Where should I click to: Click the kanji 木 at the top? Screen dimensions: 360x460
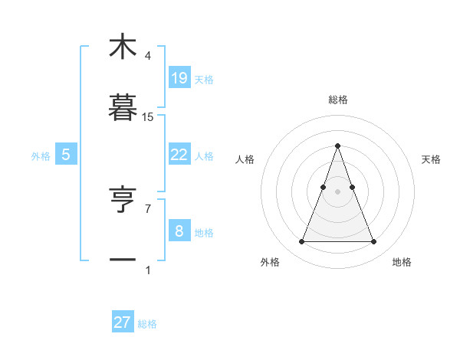[x=123, y=47]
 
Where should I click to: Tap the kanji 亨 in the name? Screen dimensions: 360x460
[x=123, y=201]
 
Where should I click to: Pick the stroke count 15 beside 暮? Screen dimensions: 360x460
[x=148, y=116]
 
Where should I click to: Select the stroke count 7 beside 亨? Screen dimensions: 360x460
[x=148, y=208]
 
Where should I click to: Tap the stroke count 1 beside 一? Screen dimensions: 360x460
[x=148, y=270]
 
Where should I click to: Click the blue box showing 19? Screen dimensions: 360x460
[x=179, y=78]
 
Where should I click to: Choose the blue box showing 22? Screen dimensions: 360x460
[x=179, y=155]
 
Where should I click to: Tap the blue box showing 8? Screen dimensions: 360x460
[x=179, y=231]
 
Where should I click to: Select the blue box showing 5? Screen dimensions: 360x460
[x=66, y=155]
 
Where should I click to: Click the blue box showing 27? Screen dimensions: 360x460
[x=122, y=322]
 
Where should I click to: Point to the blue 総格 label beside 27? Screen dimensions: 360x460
[x=147, y=324]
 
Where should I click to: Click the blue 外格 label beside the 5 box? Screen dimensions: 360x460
[x=41, y=156]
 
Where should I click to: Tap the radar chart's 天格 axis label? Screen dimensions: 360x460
[x=432, y=159]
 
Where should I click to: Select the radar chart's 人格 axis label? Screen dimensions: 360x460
[x=245, y=159]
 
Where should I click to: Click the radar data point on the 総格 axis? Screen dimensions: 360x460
[x=337, y=146]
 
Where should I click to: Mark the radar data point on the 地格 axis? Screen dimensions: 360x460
[x=373, y=242]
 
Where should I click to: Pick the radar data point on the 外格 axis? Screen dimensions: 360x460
[x=301, y=242]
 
